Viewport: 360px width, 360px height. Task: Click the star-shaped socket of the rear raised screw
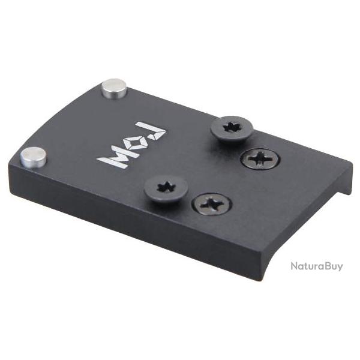pyautogui.click(x=231, y=127)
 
